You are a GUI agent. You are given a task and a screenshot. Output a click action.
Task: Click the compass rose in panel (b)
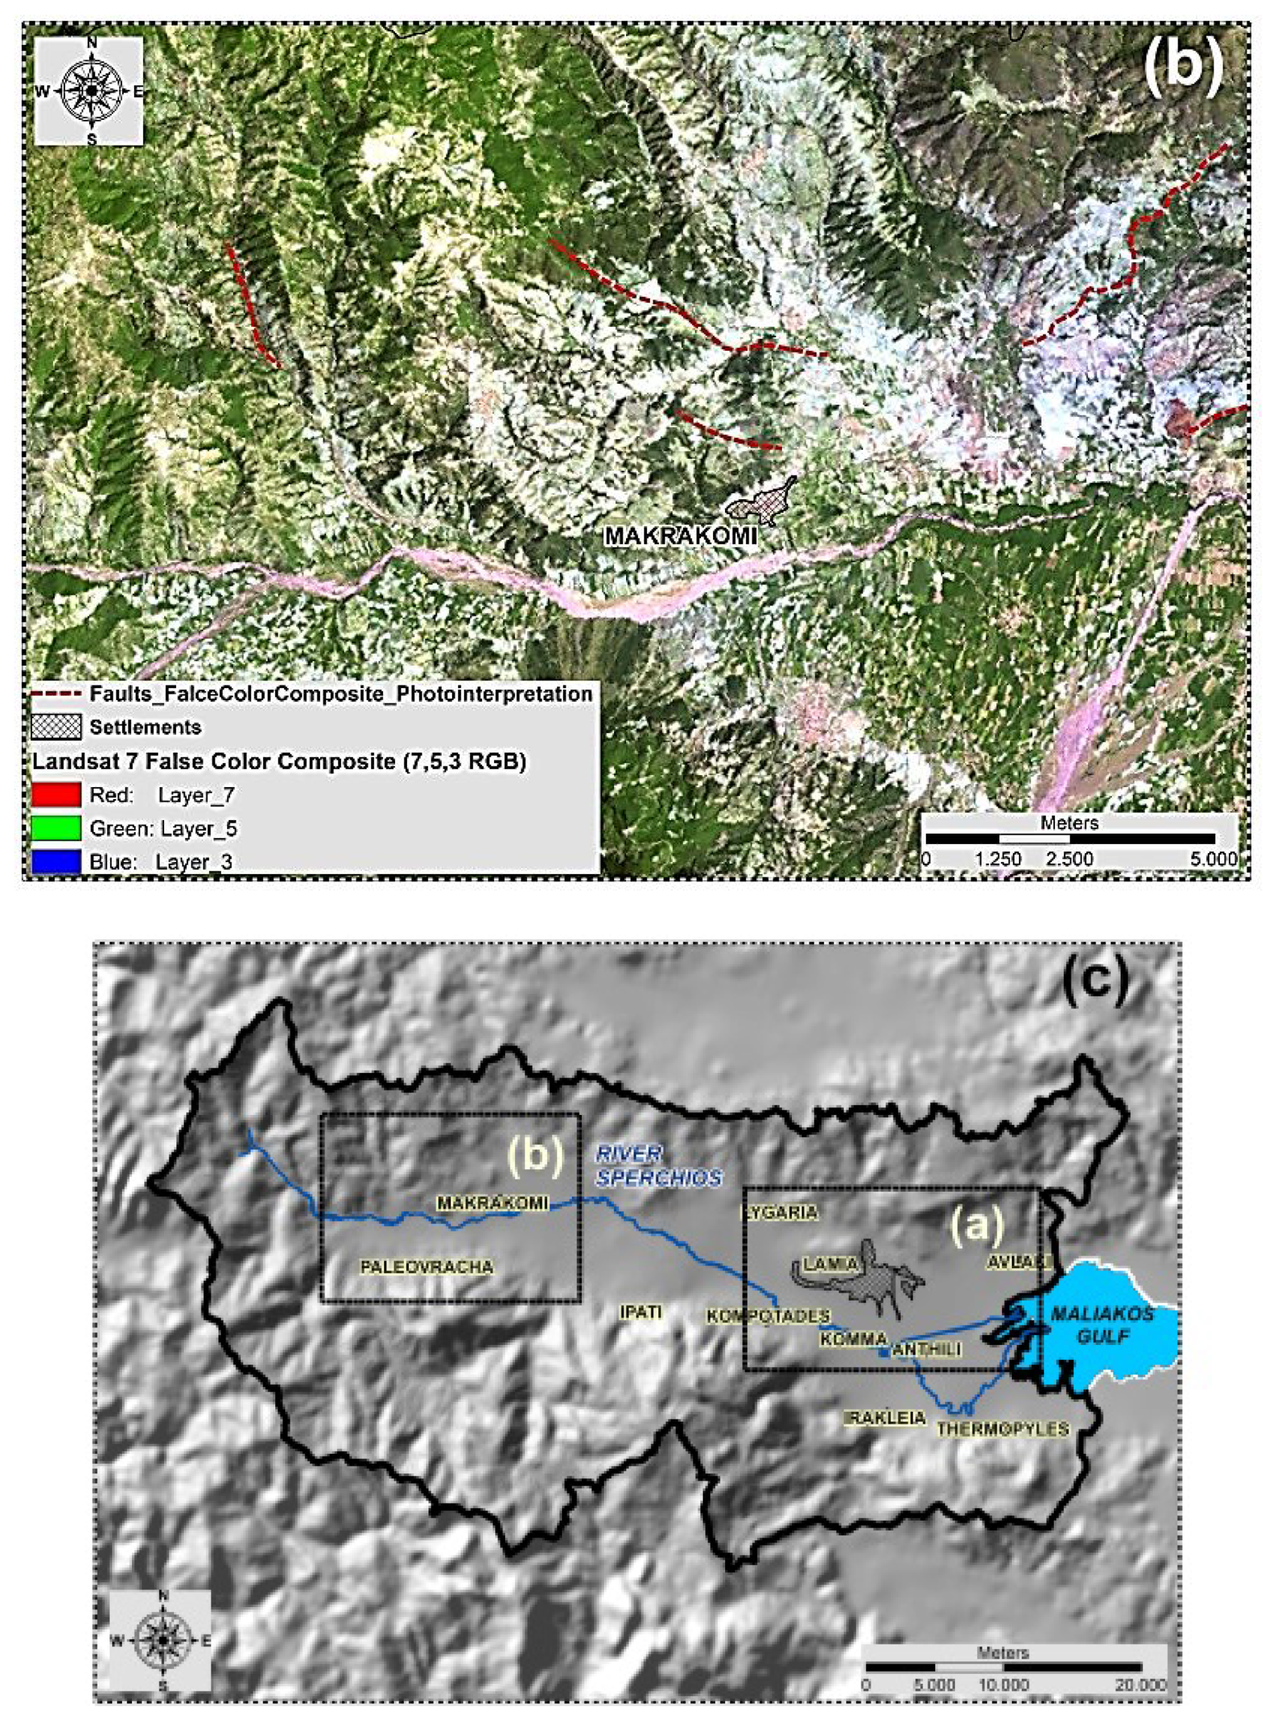coord(90,91)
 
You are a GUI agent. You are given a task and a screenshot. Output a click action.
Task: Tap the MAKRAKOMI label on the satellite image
coord(680,536)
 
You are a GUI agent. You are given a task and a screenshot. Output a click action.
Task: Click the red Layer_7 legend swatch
coord(56,795)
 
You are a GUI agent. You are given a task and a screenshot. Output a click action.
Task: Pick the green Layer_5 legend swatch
coord(56,827)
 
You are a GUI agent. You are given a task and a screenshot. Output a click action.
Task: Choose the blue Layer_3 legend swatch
coord(56,861)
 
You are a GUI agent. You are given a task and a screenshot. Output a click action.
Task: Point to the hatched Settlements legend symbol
coord(56,727)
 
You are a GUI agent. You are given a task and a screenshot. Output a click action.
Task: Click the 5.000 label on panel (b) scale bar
coord(1215,859)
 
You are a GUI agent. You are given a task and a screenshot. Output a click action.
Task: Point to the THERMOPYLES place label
coord(1002,1428)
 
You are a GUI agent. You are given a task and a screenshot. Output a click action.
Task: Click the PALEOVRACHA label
coord(427,1267)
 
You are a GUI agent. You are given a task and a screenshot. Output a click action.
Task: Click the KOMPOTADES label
coord(768,1316)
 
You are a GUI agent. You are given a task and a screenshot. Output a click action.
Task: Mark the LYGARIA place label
coord(780,1212)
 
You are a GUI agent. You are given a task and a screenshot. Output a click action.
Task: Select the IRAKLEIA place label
coord(885,1418)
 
